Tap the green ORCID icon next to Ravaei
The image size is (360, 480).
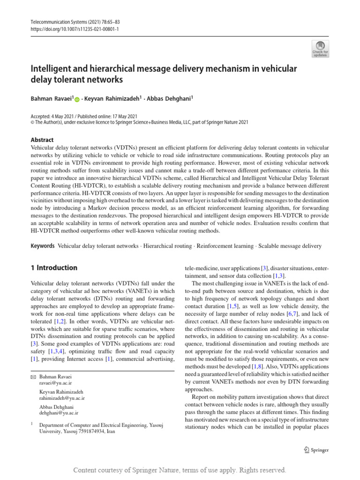(x=77, y=100)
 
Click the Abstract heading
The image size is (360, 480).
(x=42, y=140)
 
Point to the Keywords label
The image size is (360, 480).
(x=42, y=246)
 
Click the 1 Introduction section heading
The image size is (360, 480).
(x=53, y=268)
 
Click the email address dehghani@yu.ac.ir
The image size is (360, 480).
(x=59, y=413)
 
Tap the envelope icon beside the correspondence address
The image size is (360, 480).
(x=33, y=376)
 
